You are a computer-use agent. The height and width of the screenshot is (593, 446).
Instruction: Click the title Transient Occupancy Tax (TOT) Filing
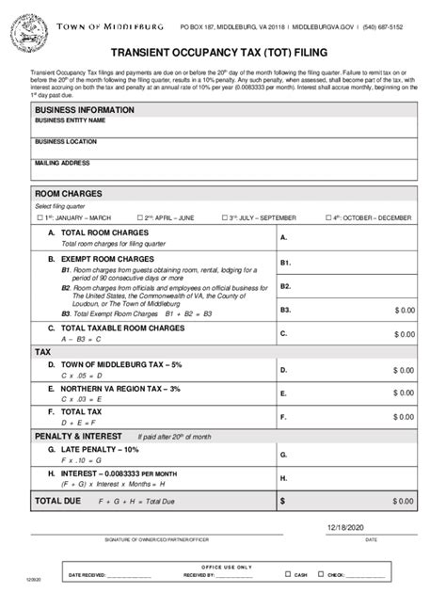tap(223, 55)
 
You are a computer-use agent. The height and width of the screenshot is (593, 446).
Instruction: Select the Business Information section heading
tap(85, 110)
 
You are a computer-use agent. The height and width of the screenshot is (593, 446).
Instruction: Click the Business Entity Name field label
tap(71, 121)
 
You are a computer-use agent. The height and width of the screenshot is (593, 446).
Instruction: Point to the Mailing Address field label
tap(63, 163)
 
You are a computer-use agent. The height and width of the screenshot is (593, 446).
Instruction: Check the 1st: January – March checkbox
tap(40, 217)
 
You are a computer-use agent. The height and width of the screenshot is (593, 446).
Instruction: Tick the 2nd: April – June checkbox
tap(140, 217)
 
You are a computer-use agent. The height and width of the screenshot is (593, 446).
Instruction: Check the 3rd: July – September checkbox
tap(224, 217)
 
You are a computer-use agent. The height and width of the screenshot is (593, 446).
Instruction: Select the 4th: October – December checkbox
tap(327, 217)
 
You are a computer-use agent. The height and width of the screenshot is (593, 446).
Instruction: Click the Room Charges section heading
tap(68, 194)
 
